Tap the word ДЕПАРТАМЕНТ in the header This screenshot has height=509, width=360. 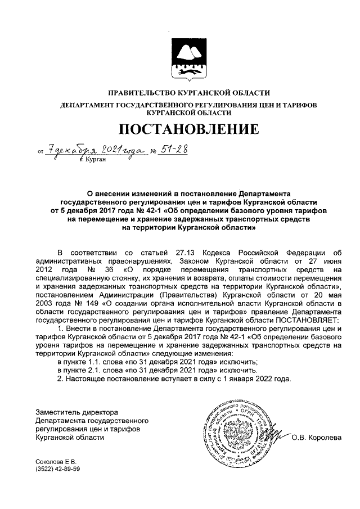(87, 105)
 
